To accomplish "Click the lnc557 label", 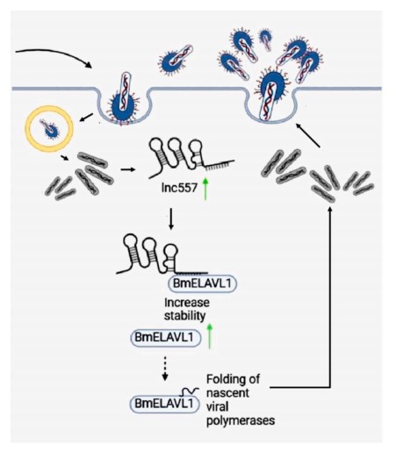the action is (179, 188).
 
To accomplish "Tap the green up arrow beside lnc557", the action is (205, 189).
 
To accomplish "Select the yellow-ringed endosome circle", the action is (49, 129).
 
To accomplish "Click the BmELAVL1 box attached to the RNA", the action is (202, 283).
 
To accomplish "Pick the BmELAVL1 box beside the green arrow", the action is (166, 338).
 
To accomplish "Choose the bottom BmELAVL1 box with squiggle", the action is (164, 404).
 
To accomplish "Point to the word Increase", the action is (187, 303).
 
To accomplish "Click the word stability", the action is (184, 316).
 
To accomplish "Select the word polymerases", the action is (241, 421).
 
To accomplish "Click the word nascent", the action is (227, 393).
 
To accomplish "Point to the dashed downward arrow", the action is (165, 369).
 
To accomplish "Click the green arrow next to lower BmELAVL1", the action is (210, 336).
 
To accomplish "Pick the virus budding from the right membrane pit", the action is (270, 94).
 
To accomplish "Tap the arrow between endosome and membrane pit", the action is (86, 118).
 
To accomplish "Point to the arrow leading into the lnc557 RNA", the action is (128, 169).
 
